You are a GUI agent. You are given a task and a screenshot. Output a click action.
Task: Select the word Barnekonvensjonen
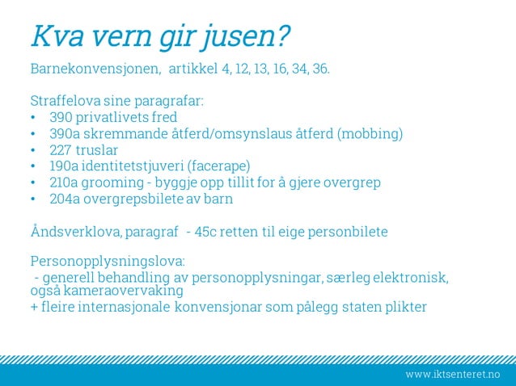point(95,69)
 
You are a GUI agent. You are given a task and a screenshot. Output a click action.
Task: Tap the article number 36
point(320,69)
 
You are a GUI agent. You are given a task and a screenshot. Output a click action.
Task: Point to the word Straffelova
point(64,102)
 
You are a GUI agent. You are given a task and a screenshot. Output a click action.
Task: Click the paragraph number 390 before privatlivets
point(61,118)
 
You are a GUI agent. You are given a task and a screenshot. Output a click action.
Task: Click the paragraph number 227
point(61,150)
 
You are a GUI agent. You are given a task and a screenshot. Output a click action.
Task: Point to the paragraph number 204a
point(65,199)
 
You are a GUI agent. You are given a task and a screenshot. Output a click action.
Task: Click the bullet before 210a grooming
point(32,183)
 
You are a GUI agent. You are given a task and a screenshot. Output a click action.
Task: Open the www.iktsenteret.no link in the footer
point(453,375)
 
